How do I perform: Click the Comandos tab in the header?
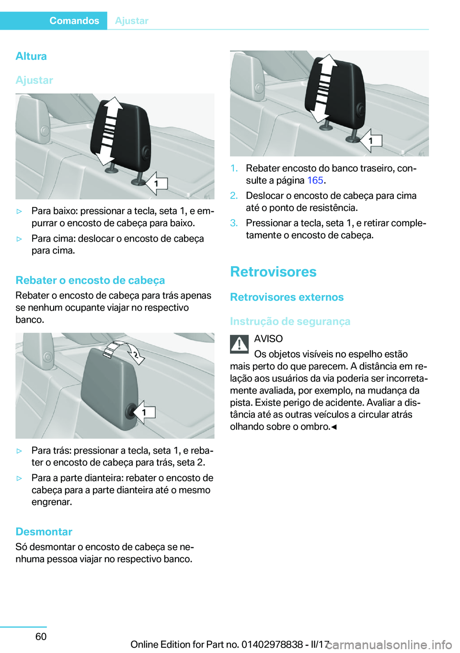click(x=74, y=21)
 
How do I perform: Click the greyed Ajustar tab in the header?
click(x=132, y=21)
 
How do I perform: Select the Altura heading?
click(x=31, y=56)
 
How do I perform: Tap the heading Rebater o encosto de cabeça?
click(x=90, y=280)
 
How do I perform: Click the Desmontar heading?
click(x=44, y=531)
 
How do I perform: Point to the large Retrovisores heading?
click(x=273, y=271)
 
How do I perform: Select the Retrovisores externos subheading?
click(x=287, y=297)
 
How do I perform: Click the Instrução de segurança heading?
click(x=290, y=321)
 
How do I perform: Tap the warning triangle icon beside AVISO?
click(x=239, y=343)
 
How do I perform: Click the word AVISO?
click(x=268, y=338)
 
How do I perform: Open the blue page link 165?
click(x=315, y=180)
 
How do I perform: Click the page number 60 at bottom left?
click(x=41, y=636)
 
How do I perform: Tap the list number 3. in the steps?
click(x=234, y=223)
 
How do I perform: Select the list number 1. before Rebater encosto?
click(x=234, y=168)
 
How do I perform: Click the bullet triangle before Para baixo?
click(x=20, y=211)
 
